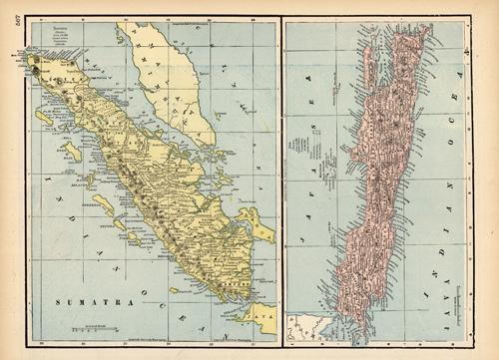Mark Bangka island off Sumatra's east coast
point(254,223)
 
